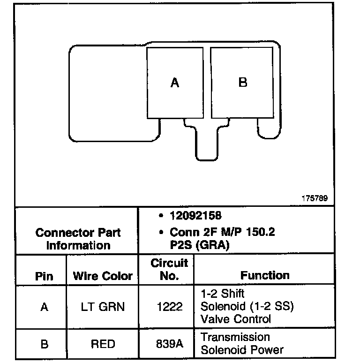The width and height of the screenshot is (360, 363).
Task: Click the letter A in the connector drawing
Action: coord(175,83)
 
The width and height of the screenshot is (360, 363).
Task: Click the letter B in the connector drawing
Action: coord(243,83)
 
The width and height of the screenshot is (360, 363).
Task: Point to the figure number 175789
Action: coord(315,198)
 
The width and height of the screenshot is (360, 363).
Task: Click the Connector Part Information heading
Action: coord(78,239)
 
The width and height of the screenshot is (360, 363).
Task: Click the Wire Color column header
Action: coord(103,276)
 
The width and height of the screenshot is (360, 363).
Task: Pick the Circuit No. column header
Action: coord(169,269)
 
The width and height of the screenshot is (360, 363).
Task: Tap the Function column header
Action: coord(265,275)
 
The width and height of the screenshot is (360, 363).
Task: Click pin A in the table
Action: coord(44,307)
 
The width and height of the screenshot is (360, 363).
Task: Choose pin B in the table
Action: coord(44,344)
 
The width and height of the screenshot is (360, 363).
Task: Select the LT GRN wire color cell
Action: coord(103,307)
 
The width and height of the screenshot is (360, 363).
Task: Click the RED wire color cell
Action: coord(103,344)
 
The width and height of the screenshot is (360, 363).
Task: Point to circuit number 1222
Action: coord(169,307)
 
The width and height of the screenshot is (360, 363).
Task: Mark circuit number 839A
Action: coord(169,344)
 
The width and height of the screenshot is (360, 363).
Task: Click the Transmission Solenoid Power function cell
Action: coord(242,344)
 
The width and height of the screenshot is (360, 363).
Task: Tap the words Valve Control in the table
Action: coord(236,319)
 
